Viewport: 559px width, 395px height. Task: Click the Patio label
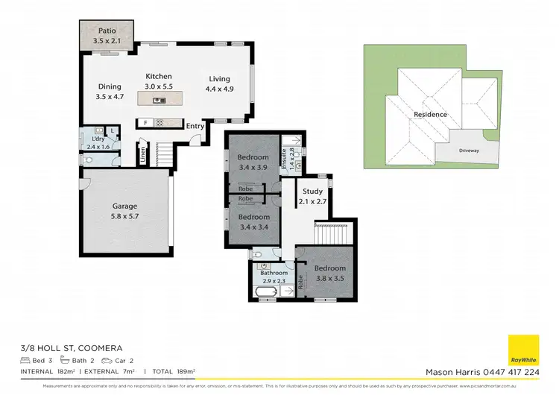click(107, 31)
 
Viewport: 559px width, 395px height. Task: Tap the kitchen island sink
click(159, 100)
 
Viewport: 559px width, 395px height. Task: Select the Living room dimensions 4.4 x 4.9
click(218, 89)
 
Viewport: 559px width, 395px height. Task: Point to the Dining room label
click(109, 86)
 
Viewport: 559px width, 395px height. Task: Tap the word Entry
click(195, 126)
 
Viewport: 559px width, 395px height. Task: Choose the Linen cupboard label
click(142, 156)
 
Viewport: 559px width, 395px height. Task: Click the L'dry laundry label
click(98, 139)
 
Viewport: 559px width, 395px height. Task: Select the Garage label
click(124, 206)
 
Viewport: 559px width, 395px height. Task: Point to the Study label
click(312, 192)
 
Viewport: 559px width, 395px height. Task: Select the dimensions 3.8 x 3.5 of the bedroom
click(329, 277)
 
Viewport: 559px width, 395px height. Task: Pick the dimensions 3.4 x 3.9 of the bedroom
click(253, 168)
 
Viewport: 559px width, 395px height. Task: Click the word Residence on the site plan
click(430, 114)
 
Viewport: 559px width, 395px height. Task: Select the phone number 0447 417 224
click(512, 372)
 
